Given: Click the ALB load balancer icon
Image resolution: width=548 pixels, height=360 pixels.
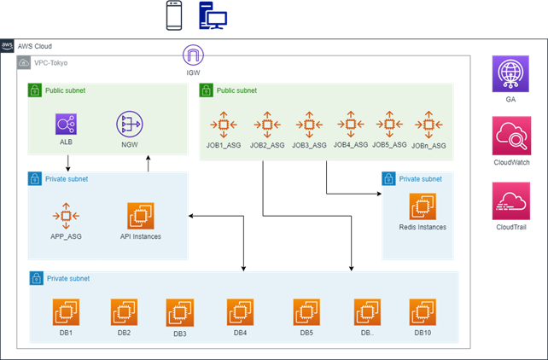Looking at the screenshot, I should [67, 125].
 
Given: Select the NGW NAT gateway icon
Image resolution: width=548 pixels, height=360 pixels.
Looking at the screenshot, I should [129, 125].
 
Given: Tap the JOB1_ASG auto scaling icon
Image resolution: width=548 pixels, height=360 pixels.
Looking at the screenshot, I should [222, 125].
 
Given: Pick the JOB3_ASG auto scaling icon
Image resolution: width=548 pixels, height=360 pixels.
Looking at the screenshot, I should [308, 125].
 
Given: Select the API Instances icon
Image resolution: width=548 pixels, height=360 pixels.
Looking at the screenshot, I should [140, 215].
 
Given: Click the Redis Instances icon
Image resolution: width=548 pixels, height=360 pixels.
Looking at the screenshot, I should [422, 206].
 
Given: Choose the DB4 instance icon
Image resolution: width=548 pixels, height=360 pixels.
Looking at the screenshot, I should [240, 312].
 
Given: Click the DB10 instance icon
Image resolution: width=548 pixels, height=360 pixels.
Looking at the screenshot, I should [422, 312].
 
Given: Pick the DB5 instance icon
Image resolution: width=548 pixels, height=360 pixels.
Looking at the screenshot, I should [306, 312].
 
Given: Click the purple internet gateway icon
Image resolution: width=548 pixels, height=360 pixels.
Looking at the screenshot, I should [193, 56].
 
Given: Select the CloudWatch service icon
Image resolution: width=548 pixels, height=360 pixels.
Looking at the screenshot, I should [510, 136].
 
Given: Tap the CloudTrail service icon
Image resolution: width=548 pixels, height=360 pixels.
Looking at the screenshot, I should [510, 201].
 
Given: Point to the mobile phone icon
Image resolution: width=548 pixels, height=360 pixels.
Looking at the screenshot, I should [174, 16].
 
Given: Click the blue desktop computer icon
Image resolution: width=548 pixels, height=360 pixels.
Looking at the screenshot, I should [212, 16].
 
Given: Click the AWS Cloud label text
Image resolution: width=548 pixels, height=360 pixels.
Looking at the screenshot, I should [35, 46].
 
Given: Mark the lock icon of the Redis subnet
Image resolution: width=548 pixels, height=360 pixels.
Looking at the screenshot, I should [389, 179].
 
